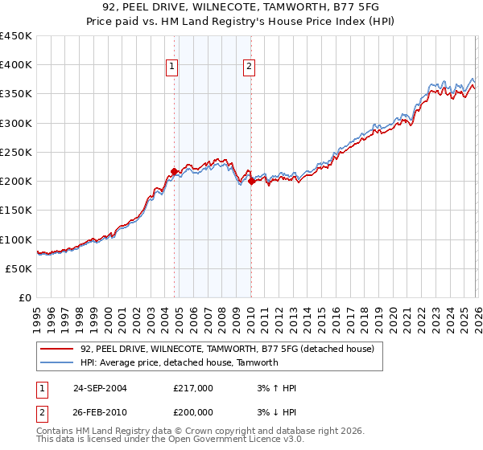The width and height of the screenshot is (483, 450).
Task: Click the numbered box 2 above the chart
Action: coord(250,67)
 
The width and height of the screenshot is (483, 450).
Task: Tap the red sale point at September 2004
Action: coord(174,171)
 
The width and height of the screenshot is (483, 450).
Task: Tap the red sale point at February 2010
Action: coord(251,181)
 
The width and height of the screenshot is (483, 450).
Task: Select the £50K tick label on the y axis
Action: coord(19,268)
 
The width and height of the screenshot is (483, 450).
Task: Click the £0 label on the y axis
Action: coord(26,297)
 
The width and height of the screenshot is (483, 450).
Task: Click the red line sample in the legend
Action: coord(57,350)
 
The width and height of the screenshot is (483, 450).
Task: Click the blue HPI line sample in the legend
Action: coord(57,363)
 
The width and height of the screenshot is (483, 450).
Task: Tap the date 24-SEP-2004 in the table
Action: coord(100,388)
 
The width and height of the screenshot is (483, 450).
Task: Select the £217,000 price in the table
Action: coord(193,388)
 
